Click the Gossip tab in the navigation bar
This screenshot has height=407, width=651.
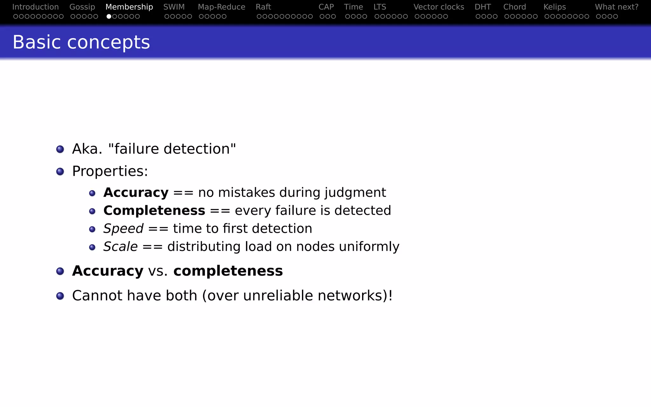tap(82, 7)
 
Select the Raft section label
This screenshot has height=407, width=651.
tap(263, 7)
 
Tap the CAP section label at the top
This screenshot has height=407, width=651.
tap(326, 7)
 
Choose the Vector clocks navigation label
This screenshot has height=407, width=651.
tap(439, 7)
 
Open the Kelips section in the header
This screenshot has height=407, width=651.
tap(555, 7)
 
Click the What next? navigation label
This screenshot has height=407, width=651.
tap(617, 7)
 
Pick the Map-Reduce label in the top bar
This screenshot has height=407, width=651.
tap(222, 7)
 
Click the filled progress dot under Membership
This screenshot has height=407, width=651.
tap(109, 17)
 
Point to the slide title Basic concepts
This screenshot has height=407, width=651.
tap(81, 42)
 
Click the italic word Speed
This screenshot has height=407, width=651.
tap(123, 229)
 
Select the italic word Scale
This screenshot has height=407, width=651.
tap(120, 247)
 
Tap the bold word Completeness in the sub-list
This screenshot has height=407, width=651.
tap(154, 210)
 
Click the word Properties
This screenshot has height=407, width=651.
tap(110, 171)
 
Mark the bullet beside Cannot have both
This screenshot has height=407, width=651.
tap(60, 296)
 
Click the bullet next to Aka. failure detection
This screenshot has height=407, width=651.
tap(60, 149)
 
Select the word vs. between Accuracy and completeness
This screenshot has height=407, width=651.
tap(158, 271)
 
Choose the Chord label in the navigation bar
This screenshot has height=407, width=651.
tap(514, 7)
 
